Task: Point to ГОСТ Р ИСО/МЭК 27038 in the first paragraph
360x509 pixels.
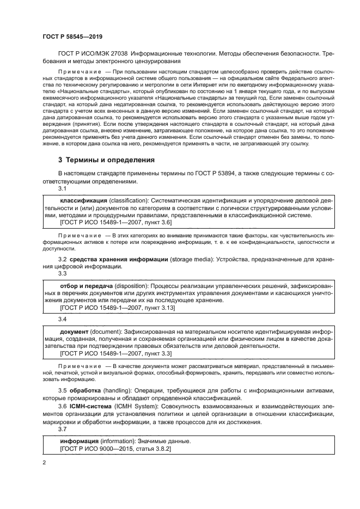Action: click(96, 54)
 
